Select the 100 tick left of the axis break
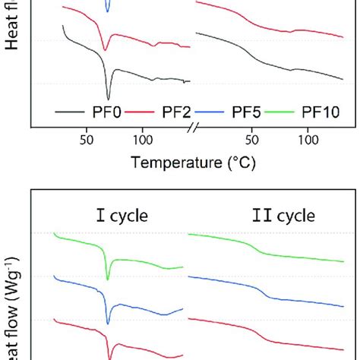coord(142,141)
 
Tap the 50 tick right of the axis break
coord(253,141)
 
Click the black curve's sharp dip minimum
coord(108,98)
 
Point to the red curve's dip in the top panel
coord(105,50)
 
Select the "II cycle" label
coord(283,216)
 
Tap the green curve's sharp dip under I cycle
coord(108,278)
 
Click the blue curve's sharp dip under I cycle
coord(108,322)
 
